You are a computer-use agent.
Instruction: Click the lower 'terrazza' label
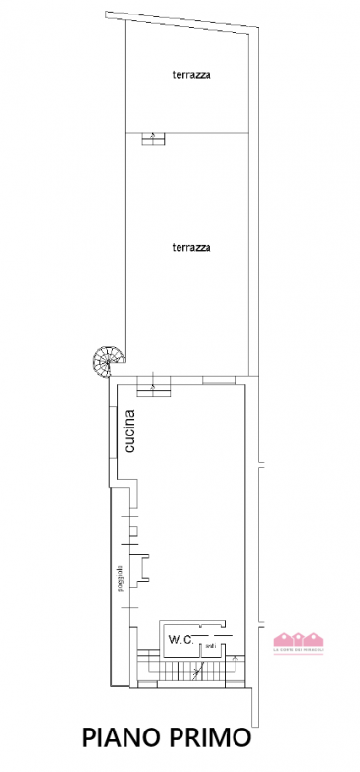tap(191, 247)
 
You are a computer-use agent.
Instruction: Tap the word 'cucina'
tap(130, 431)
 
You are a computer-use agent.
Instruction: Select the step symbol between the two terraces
tap(152, 137)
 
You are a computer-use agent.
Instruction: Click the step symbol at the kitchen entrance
tap(153, 387)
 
